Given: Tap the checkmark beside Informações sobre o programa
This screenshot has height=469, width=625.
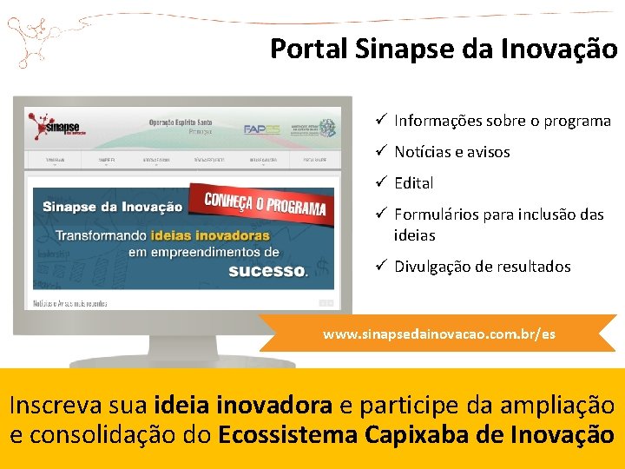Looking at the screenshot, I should (381, 121).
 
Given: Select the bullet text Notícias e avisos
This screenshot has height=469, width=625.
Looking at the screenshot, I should (451, 152).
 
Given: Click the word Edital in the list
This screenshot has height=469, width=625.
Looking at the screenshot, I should (413, 183).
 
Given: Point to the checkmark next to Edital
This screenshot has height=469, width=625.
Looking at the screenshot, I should (381, 183).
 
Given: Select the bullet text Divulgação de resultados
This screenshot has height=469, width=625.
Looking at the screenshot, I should (482, 267).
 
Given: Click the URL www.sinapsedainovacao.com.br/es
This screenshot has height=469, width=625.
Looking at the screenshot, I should (438, 334).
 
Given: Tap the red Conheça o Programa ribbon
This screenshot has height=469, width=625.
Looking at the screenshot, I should (265, 201).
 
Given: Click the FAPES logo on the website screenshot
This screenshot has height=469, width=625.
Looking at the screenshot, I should (260, 129).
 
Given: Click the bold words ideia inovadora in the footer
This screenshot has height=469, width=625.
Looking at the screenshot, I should (242, 406).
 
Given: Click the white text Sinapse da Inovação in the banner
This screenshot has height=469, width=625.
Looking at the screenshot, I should (113, 207).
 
